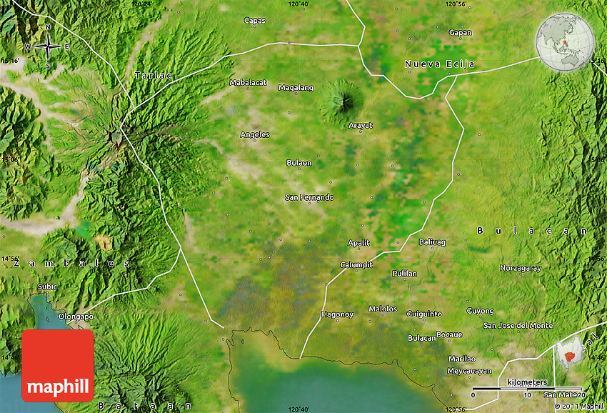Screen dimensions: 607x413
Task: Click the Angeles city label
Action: (255, 134)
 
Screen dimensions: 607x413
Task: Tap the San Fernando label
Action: (309, 197)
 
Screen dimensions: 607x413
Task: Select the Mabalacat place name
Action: (248, 83)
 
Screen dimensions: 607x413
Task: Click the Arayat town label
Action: (360, 125)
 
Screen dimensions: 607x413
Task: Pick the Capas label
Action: (254, 21)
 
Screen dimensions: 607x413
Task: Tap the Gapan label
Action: (460, 32)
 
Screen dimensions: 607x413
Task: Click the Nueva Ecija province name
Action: (439, 64)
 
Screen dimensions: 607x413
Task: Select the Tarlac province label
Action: (154, 75)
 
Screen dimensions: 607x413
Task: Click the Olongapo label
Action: (76, 316)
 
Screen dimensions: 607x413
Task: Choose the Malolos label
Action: (383, 309)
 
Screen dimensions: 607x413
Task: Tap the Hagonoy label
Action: (337, 314)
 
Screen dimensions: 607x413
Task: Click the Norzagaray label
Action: (521, 269)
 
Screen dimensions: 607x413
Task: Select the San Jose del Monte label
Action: (518, 325)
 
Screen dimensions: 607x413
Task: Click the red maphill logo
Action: (58, 365)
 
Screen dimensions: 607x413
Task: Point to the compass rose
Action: (48, 46)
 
